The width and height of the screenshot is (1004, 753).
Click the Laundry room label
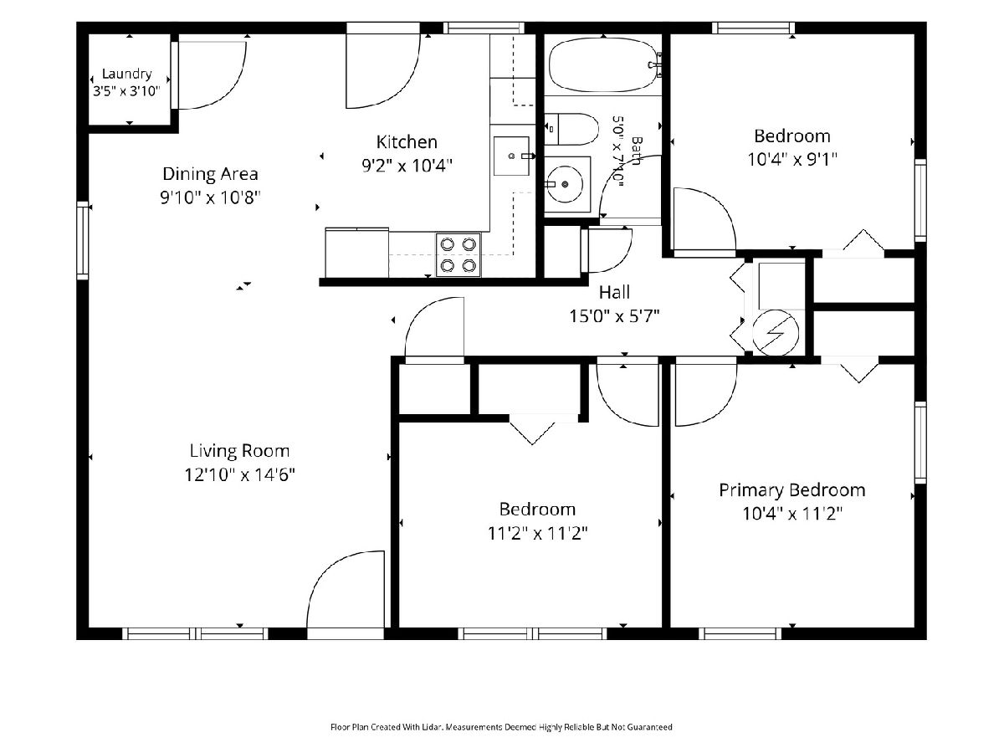pos(126,74)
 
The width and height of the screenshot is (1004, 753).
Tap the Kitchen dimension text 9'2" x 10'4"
pos(407,165)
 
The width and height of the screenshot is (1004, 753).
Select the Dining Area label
pos(210,174)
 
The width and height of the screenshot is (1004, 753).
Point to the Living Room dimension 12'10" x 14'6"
pos(239,474)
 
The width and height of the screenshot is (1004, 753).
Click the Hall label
pos(614,292)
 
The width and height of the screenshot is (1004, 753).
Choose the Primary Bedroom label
pos(792,490)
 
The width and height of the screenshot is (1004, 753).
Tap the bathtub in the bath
pos(604,65)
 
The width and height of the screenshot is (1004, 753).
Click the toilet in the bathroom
pos(571,130)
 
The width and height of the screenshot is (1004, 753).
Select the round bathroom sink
pos(566,184)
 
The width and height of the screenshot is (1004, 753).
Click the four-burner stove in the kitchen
pos(458,254)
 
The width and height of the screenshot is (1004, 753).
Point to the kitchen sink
pos(511,156)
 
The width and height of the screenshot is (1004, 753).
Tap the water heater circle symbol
pos(776,333)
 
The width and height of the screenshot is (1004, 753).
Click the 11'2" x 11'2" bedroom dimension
pos(537,533)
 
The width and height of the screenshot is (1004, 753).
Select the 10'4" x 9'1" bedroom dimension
pos(792,160)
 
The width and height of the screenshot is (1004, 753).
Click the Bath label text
pos(636,151)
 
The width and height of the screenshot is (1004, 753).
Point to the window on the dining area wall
pos(82,240)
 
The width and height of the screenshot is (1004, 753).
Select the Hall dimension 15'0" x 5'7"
pos(614,316)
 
